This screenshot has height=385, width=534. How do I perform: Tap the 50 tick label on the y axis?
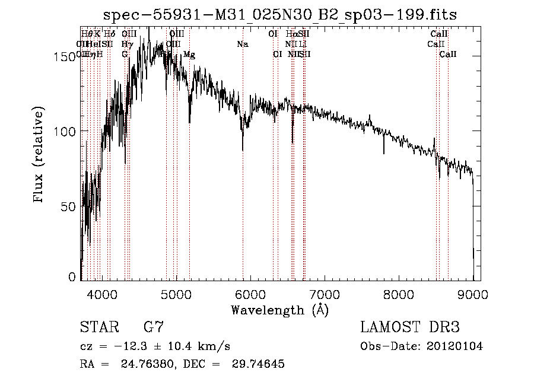pyautogui.click(x=69, y=205)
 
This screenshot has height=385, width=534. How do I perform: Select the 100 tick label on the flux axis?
pyautogui.click(x=65, y=131)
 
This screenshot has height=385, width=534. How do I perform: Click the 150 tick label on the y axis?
pyautogui.click(x=65, y=57)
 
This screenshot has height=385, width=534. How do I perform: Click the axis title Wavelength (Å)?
pyautogui.click(x=279, y=310)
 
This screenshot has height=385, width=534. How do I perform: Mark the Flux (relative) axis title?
pyautogui.click(x=40, y=155)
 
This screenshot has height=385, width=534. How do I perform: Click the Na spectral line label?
pyautogui.click(x=242, y=44)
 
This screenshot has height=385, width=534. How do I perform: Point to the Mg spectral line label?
pyautogui.click(x=189, y=55)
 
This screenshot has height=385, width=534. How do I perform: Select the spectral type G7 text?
pyautogui.click(x=154, y=327)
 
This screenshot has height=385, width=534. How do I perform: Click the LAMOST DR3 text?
pyautogui.click(x=410, y=327)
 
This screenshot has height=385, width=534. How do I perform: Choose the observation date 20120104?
pyautogui.click(x=455, y=346)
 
